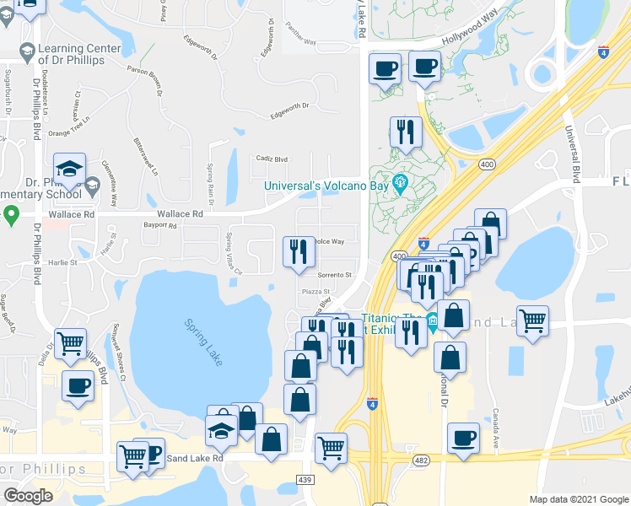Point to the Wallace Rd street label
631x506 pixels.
(x=180, y=215)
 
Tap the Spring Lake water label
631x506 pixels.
(x=202, y=341)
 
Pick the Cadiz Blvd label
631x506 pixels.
(x=272, y=159)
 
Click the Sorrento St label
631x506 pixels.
(x=334, y=275)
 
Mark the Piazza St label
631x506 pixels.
(x=315, y=292)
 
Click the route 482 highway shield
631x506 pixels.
(x=419, y=460)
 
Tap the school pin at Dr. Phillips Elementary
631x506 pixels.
(x=70, y=169)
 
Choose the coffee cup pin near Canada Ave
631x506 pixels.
(x=462, y=439)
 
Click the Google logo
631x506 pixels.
(x=28, y=496)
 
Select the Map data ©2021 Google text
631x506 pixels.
(x=578, y=499)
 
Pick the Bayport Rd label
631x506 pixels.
(x=160, y=226)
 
